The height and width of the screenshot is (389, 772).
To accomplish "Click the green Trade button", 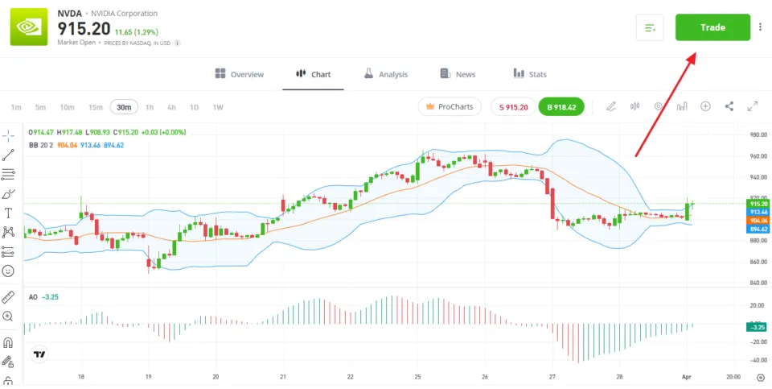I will (712, 27).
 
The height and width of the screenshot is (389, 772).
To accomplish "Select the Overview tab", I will (240, 74).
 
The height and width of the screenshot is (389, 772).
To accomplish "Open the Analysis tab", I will (385, 74).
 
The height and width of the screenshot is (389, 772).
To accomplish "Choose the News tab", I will (458, 74).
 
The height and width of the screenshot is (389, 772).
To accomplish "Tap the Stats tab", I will (530, 74).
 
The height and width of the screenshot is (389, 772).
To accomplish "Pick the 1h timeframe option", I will (150, 107).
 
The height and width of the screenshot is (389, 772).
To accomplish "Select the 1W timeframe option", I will (217, 107).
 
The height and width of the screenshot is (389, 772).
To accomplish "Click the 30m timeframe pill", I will (124, 107).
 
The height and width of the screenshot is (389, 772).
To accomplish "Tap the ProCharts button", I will (450, 106).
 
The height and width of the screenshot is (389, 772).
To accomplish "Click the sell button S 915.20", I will (512, 106).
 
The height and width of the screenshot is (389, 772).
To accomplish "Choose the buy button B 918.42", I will (561, 106).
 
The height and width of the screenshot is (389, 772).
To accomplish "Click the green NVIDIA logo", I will (29, 27).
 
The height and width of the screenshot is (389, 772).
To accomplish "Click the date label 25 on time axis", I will (417, 377).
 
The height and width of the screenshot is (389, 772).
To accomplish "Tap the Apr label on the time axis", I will (687, 377).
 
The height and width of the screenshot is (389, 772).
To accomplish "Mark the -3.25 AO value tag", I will (756, 327).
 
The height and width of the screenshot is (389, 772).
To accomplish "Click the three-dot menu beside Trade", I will (761, 27).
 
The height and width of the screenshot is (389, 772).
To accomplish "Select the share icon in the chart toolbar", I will (729, 106).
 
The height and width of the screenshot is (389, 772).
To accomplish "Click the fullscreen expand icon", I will (754, 106).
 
